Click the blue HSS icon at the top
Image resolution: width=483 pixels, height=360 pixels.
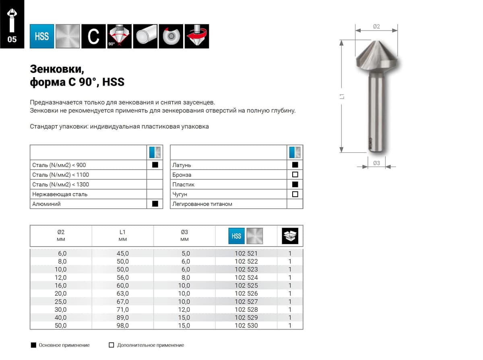42,36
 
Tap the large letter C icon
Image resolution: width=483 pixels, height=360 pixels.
93,36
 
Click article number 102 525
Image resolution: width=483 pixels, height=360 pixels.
246,286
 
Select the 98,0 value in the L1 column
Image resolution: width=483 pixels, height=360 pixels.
122,325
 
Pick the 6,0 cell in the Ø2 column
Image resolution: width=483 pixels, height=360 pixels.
62,253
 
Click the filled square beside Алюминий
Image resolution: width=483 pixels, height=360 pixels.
155,204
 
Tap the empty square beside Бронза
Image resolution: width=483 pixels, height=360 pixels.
295,175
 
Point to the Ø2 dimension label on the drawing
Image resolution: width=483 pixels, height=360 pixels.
376,27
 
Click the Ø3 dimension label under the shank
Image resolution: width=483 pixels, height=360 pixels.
376,163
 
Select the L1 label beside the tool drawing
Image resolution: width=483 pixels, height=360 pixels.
342,97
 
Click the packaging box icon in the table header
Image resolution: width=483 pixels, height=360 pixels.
290,236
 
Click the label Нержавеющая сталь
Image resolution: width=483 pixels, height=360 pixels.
60,194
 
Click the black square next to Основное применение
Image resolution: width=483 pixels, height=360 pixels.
33,345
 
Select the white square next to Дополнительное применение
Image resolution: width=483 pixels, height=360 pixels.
111,345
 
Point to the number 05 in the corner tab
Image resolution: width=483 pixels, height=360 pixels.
12,39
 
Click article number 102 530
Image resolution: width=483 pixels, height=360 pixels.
246,325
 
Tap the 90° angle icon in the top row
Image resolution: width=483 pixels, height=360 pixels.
120,36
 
